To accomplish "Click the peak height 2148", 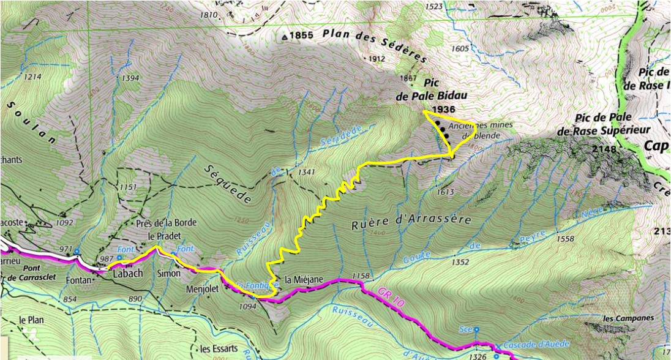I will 603,149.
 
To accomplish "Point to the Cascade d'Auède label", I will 537,344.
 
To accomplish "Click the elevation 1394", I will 130,78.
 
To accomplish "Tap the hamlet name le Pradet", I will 163,236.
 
